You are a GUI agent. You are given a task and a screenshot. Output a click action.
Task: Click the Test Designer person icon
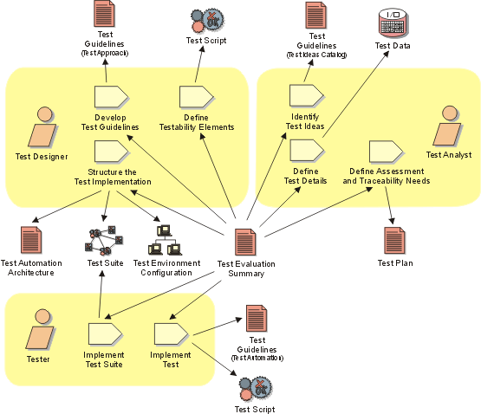coord(42,127)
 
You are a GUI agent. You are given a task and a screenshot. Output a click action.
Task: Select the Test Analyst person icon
coord(447,126)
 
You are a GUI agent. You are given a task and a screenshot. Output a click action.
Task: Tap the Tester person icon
coord(40,330)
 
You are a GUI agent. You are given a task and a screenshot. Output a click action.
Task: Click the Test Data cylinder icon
coord(393,23)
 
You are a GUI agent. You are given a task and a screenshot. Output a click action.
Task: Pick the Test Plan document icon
coord(395,241)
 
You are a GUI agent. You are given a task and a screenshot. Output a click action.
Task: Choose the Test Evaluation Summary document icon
coord(246,243)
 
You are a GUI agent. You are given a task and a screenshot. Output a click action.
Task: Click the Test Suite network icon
coord(104,241)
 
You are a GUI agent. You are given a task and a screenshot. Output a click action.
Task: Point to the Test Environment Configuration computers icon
coord(166,240)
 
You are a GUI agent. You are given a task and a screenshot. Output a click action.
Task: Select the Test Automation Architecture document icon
coord(31,240)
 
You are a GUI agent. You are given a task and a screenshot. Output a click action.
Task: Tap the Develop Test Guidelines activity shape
coord(112,97)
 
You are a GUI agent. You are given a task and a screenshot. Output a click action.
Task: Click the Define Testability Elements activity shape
coord(197,97)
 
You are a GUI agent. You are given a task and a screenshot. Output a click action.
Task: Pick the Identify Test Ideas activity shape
coord(307,95)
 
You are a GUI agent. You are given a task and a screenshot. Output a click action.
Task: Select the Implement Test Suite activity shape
coord(106,334)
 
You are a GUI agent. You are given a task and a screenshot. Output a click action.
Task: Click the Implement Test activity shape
coord(172,334)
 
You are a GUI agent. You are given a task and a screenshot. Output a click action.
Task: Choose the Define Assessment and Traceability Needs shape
coord(387,152)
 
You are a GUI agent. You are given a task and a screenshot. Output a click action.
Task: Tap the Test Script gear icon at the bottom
coord(255,391)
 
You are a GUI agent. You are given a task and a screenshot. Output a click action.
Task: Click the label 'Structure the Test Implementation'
coord(113,177)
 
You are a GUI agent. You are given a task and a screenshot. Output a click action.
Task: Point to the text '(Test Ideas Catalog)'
coord(317,55)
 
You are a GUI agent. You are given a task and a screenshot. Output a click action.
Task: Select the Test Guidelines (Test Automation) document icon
coord(257,319)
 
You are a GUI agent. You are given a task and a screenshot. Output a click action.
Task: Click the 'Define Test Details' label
coord(306,176)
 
